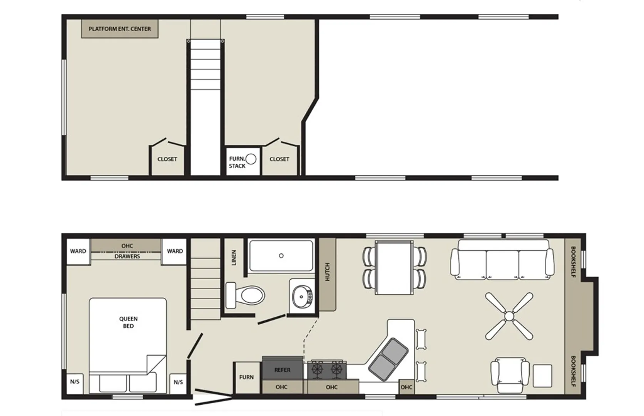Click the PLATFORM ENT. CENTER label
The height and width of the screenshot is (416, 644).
[120, 29]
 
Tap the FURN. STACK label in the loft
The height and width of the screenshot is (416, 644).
[237, 162]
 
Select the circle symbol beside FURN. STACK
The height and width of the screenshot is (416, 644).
[251, 159]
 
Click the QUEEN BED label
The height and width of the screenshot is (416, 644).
[128, 322]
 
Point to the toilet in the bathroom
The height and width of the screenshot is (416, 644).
[245, 295]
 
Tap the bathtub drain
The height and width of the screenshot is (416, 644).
[281, 255]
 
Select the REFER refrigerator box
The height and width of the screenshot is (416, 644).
[282, 369]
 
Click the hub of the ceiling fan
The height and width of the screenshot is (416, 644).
[509, 317]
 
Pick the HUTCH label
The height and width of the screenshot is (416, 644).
[327, 272]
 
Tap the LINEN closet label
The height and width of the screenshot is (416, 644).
[234, 257]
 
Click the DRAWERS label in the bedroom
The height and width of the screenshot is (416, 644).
[127, 256]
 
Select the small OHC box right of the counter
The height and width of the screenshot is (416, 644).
[406, 387]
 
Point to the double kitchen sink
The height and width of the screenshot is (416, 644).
[388, 360]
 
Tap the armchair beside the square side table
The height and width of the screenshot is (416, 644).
[510, 375]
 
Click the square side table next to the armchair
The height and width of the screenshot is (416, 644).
[542, 376]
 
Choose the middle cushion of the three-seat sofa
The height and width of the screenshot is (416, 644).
[502, 264]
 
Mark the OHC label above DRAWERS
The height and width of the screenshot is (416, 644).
[127, 246]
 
